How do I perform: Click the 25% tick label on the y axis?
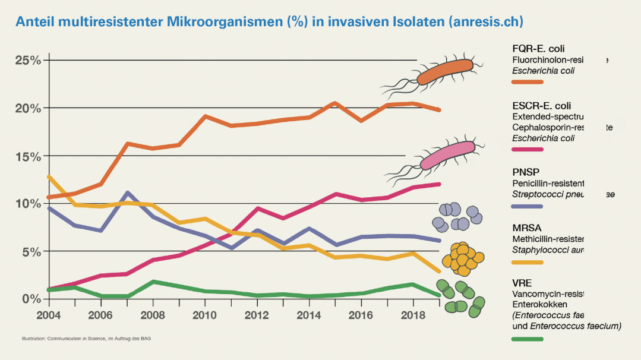[x=28, y=61]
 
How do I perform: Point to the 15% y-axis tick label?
[x=28, y=156]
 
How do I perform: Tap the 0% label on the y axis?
[x=31, y=299]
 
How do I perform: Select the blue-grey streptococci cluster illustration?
[x=457, y=216]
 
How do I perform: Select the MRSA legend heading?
[x=526, y=228]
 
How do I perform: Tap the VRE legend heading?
[x=522, y=282]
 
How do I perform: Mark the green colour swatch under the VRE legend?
[x=527, y=339]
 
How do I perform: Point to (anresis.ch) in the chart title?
[x=487, y=22]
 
